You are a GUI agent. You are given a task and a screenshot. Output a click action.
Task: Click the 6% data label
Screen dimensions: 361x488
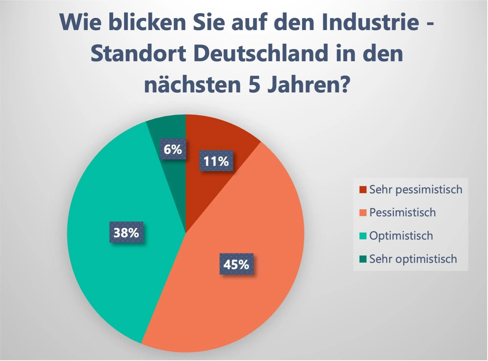(x=173, y=149)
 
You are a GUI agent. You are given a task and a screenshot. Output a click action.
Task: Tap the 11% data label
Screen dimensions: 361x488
(x=216, y=161)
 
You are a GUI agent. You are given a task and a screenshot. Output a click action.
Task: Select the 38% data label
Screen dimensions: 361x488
(x=126, y=233)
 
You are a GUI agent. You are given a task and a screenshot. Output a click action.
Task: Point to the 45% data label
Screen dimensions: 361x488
(x=236, y=264)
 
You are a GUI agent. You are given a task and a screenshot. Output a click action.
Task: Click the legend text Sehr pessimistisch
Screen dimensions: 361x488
(x=415, y=190)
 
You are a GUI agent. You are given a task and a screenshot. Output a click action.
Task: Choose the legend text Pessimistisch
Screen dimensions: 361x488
(x=402, y=213)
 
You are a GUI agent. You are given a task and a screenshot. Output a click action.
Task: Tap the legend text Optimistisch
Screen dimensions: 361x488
(x=401, y=236)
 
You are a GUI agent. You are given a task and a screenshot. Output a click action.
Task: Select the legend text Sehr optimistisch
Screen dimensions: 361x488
(x=413, y=259)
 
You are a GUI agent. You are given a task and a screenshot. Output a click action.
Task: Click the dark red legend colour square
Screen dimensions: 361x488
(x=363, y=190)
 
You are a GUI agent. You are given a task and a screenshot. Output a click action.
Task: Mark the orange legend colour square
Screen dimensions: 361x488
(x=363, y=213)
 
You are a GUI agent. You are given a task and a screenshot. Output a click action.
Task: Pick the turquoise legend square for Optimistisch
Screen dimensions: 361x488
(x=363, y=236)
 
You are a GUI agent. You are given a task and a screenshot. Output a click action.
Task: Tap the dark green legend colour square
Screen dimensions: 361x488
(x=363, y=259)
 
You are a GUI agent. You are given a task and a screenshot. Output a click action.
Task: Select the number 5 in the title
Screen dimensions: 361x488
(x=254, y=85)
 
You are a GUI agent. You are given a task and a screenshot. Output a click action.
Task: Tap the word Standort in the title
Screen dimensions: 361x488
(x=138, y=53)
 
